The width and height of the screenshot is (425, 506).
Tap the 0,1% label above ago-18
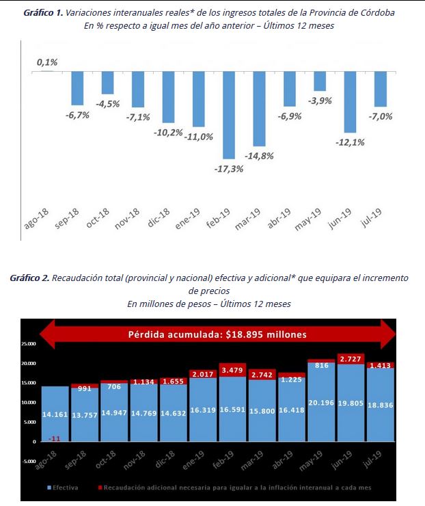47,62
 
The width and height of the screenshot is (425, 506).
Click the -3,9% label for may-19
320,101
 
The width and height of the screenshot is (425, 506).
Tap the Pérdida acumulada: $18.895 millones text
218,334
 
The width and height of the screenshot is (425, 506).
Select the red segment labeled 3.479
233,370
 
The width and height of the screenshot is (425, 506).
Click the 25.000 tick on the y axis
29,344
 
